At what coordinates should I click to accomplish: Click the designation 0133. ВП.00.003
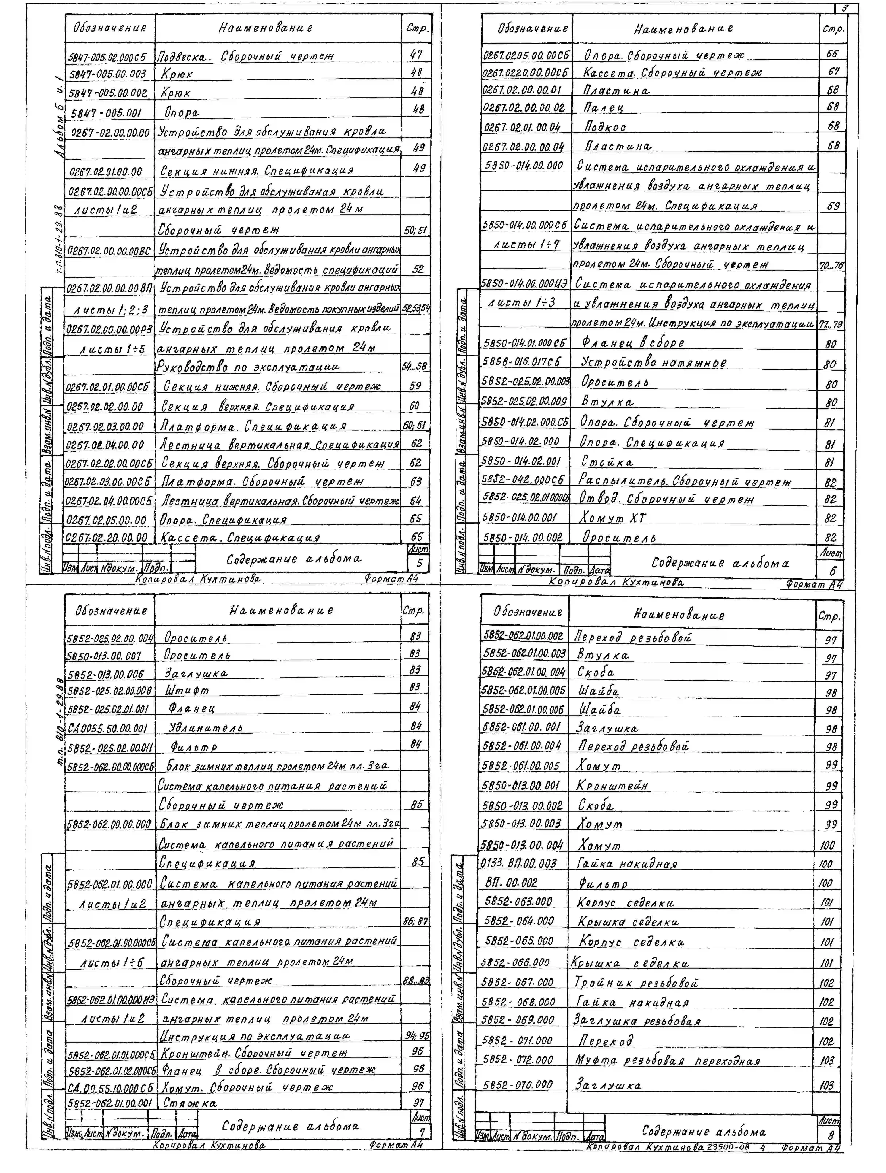tap(519, 863)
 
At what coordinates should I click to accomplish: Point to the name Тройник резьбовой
tap(636, 983)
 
